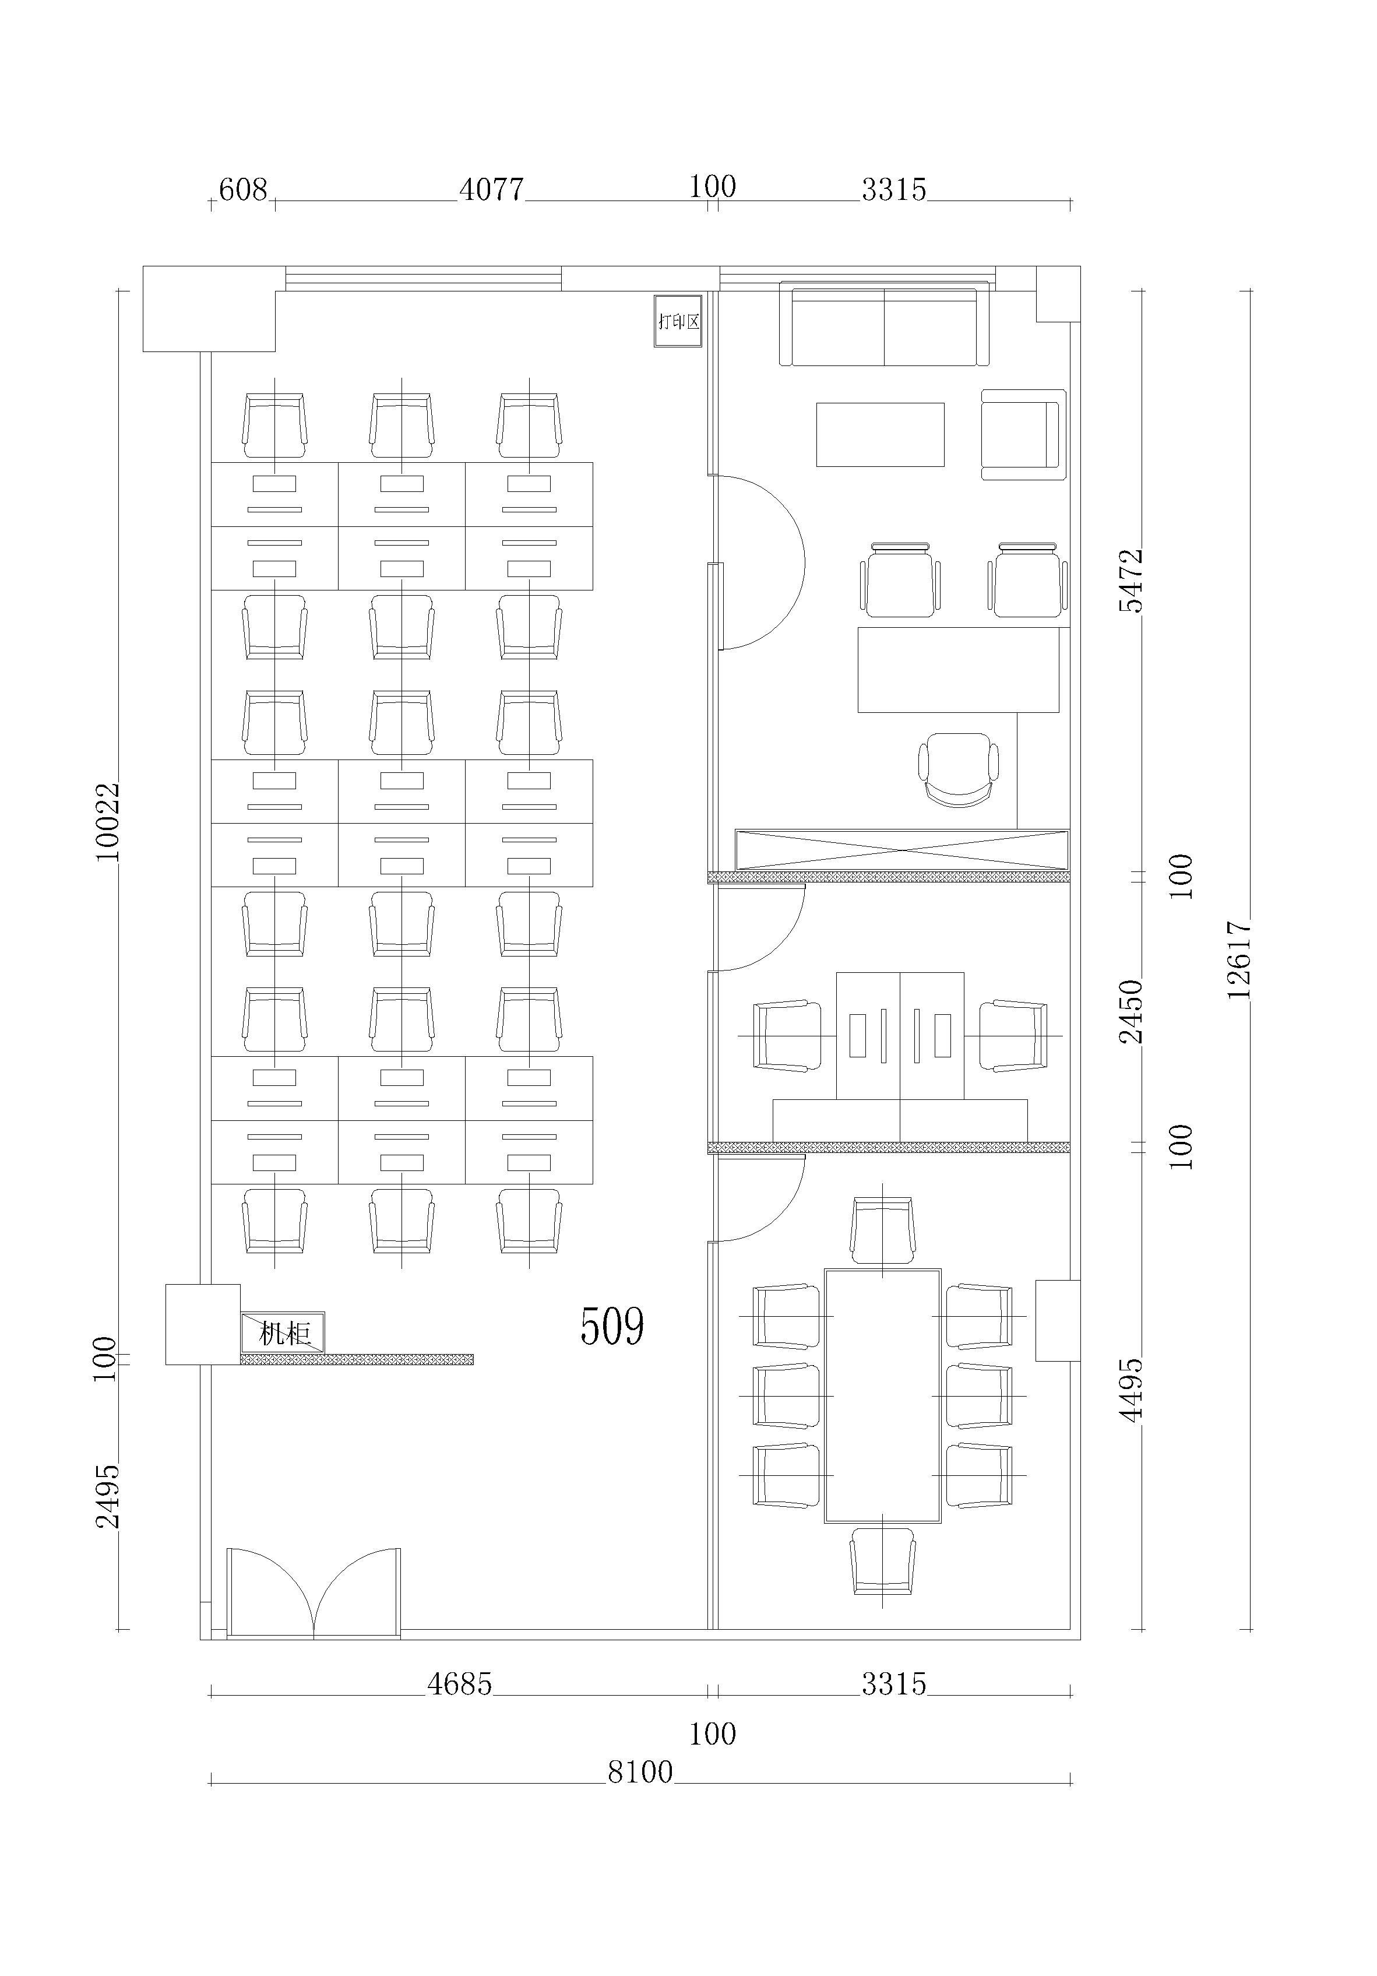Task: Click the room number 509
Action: click(612, 1326)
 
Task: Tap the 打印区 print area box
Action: click(678, 321)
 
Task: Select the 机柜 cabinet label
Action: click(284, 1333)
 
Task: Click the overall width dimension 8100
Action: click(640, 1772)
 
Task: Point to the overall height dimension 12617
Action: click(1238, 959)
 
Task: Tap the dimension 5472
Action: click(1131, 580)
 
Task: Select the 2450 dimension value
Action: click(1131, 1011)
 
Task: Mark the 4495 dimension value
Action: click(1131, 1390)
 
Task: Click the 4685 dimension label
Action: click(460, 1683)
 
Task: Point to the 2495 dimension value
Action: click(108, 1496)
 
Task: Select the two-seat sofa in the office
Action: click(885, 324)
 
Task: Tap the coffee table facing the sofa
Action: click(881, 435)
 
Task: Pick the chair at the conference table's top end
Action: click(883, 1230)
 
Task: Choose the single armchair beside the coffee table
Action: click(1023, 435)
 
